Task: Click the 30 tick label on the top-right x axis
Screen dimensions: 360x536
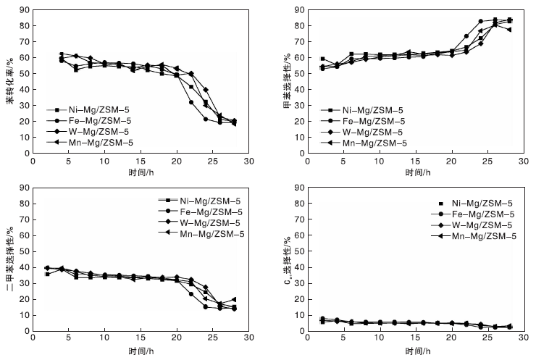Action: click(x=520, y=164)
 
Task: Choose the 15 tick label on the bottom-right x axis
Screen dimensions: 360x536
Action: click(x=414, y=338)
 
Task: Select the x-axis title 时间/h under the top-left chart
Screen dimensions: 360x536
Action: click(x=141, y=175)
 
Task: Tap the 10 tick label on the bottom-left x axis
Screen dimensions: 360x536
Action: click(x=104, y=338)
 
